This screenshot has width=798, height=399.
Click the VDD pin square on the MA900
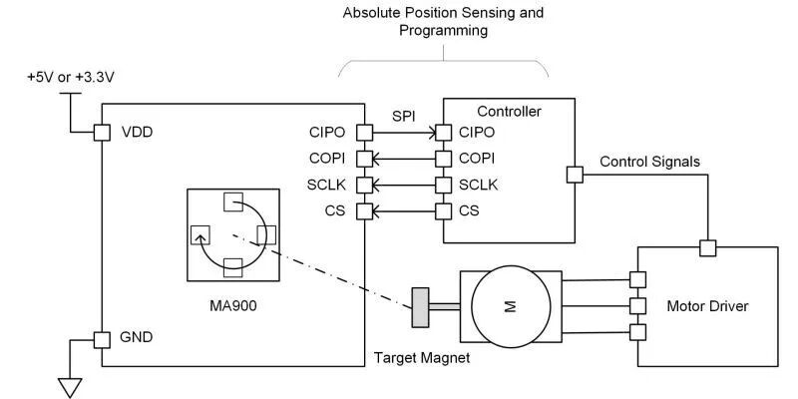100,132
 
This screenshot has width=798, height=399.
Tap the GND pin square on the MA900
100,338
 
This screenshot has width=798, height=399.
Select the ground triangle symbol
69,386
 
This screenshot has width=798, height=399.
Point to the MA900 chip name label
230,302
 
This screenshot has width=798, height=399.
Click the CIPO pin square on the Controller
442,132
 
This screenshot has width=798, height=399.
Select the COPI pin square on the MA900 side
364,158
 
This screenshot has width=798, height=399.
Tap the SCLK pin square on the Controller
442,185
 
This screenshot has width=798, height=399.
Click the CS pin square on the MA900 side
364,210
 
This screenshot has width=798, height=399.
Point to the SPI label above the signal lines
403,115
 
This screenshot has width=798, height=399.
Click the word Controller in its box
509,112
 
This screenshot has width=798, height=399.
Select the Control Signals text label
649,161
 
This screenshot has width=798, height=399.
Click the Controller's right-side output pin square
574,175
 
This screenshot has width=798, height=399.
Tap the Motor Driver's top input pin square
707,248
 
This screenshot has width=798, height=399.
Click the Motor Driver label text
707,305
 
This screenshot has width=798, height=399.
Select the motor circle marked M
509,307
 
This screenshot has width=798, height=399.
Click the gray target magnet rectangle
420,307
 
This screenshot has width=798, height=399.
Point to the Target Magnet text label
421,357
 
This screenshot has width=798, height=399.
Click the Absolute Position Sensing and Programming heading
443,22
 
